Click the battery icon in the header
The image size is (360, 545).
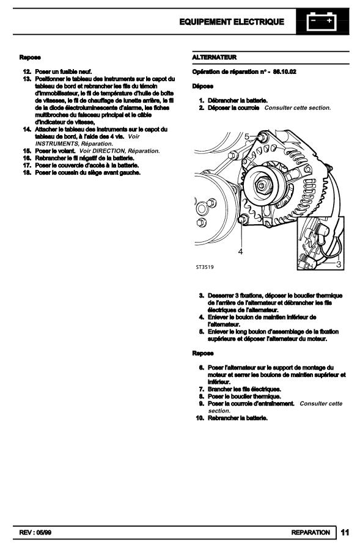[321, 21]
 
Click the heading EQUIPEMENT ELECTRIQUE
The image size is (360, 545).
[232, 22]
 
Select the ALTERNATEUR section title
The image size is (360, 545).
[215, 57]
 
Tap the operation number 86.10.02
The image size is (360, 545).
[285, 71]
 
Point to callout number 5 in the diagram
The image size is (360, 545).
[247, 137]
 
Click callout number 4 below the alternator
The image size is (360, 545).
[240, 251]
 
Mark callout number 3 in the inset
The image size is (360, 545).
[339, 265]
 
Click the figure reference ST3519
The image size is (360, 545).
[205, 267]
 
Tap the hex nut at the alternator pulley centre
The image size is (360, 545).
[262, 185]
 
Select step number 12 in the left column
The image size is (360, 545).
[27, 71]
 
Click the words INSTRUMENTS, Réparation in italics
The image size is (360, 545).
[74, 144]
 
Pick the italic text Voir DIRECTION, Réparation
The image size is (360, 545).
[119, 151]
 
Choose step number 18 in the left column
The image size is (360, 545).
[27, 172]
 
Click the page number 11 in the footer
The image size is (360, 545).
[345, 532]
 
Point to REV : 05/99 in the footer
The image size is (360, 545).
[35, 533]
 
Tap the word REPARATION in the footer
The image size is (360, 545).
[310, 533]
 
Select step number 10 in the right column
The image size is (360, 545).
[200, 418]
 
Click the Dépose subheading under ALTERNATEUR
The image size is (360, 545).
[202, 86]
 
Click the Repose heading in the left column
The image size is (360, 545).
[30, 57]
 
